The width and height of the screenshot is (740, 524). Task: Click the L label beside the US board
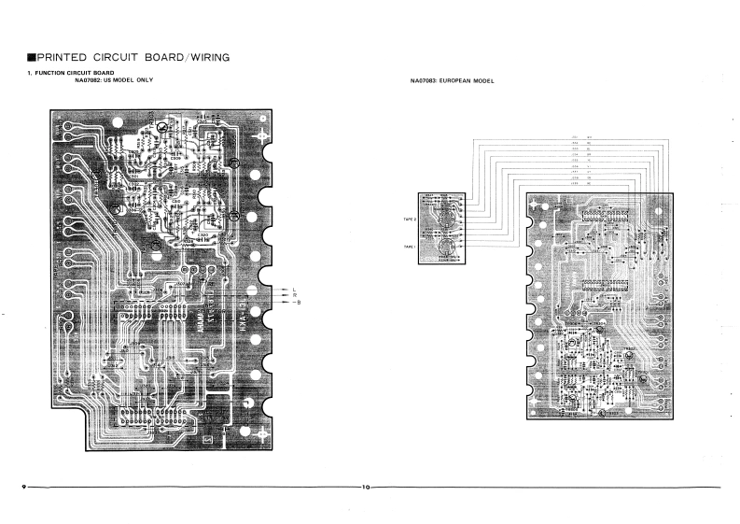click(294, 288)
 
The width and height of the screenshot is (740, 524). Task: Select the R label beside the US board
click(294, 294)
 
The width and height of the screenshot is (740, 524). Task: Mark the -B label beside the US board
click(296, 302)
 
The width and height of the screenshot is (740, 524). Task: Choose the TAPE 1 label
click(409, 246)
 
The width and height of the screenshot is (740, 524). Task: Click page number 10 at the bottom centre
click(367, 486)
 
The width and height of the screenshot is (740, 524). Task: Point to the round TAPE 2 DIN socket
click(445, 219)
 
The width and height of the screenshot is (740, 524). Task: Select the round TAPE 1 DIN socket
click(445, 247)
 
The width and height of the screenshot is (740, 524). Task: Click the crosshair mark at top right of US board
click(265, 136)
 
